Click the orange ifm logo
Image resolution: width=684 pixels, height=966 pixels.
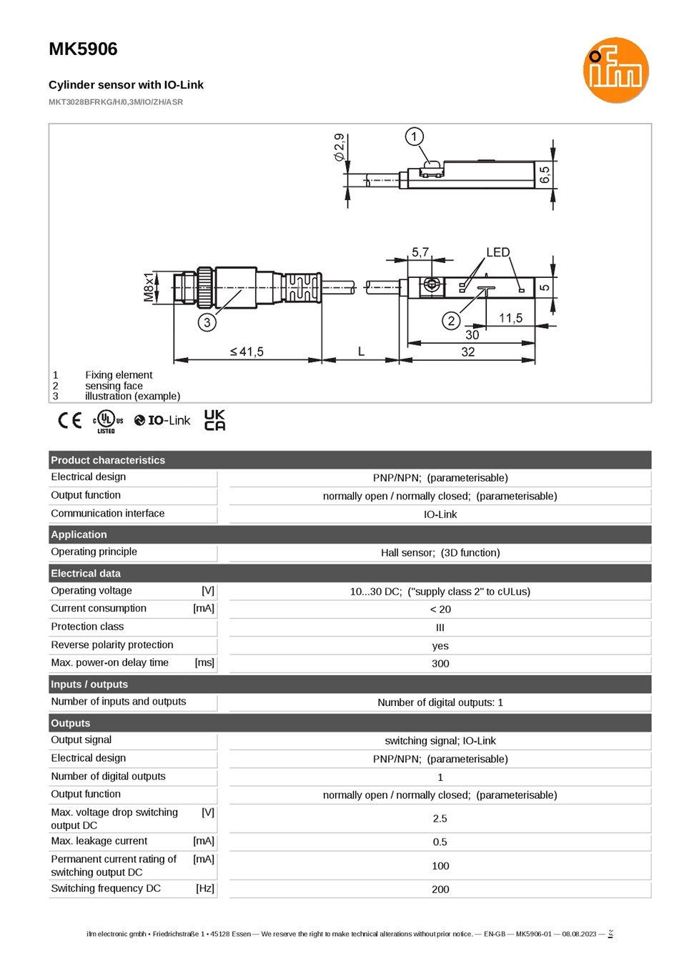(615, 70)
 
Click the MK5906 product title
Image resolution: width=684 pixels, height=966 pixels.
(83, 49)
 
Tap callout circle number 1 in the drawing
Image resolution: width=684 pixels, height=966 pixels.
(414, 136)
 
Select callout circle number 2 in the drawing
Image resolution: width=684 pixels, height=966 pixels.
(451, 321)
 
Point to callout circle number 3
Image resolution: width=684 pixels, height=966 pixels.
(207, 322)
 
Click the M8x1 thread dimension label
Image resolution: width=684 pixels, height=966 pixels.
(149, 287)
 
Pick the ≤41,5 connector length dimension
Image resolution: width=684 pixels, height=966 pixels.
(247, 352)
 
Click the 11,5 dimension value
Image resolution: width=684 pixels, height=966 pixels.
(510, 318)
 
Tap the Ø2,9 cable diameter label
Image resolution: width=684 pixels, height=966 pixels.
(339, 147)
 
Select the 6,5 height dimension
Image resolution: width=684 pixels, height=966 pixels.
(545, 174)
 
